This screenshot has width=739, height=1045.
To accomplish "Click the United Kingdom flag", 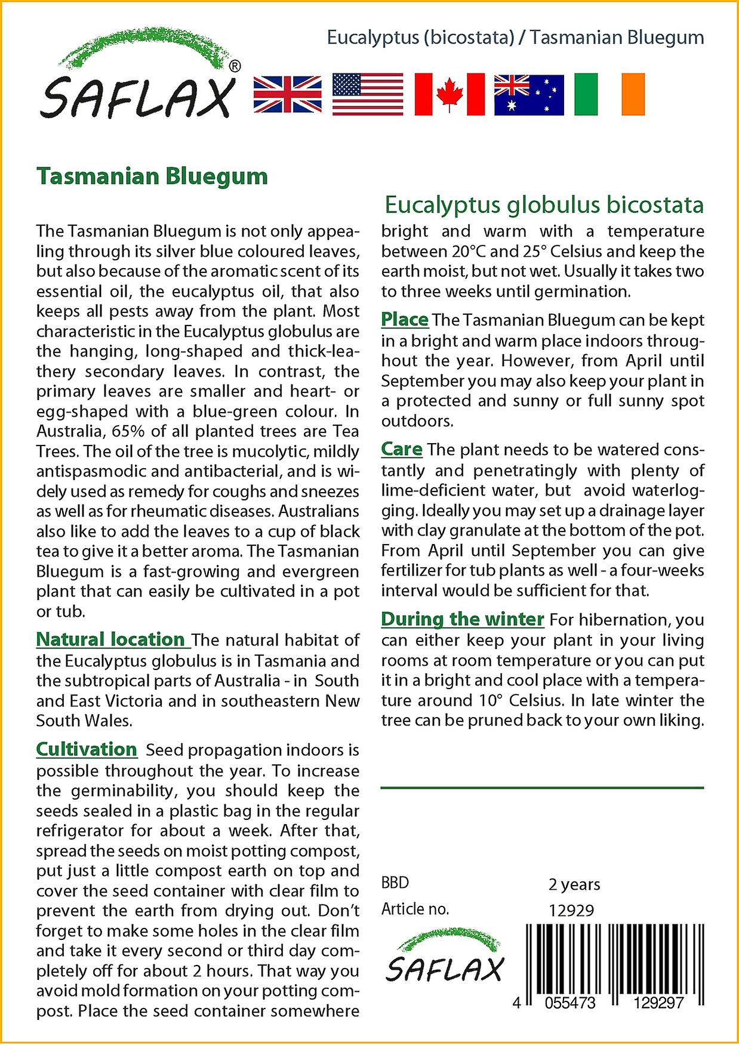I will [287, 94].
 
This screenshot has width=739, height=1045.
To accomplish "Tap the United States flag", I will [367, 94].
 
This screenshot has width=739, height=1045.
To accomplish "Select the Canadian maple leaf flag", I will [449, 94].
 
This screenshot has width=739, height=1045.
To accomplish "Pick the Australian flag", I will [529, 95].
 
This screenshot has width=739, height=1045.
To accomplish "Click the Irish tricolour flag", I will [609, 94].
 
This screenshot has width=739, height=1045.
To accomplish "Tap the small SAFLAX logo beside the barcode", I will [445, 959].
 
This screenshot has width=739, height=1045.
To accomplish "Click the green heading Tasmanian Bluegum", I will [152, 177].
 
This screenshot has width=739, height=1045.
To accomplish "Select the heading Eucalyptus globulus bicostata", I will [544, 205].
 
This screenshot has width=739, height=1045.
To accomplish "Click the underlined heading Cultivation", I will [87, 749].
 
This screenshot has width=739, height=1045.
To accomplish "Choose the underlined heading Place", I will [405, 319].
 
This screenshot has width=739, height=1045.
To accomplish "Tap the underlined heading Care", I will [402, 449].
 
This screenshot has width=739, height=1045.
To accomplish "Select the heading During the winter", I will [463, 619].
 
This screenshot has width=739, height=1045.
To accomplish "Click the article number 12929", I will [571, 911].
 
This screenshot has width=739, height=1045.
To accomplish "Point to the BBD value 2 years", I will [574, 884].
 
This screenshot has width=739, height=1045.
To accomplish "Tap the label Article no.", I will [415, 909].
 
